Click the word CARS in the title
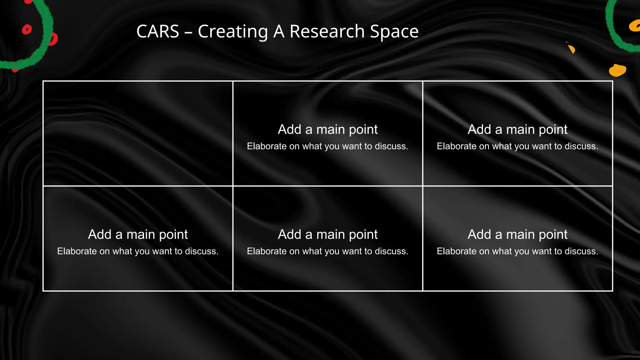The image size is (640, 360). pyautogui.click(x=158, y=32)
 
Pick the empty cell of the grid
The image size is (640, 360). pyautogui.click(x=138, y=133)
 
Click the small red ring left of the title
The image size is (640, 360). pyautogui.click(x=27, y=30)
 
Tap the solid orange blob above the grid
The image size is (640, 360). pyautogui.click(x=617, y=70)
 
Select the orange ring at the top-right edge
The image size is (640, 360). pyautogui.click(x=635, y=26)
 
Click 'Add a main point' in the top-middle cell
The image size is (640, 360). pyautogui.click(x=328, y=129)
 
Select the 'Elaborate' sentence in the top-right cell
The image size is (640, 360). pyautogui.click(x=517, y=146)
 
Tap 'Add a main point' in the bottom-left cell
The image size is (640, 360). pyautogui.click(x=138, y=234)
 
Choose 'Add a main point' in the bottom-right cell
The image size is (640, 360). pyautogui.click(x=517, y=234)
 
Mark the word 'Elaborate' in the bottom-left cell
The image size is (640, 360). pyautogui.click(x=77, y=251)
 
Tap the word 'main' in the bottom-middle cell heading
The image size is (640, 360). pyautogui.click(x=330, y=234)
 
